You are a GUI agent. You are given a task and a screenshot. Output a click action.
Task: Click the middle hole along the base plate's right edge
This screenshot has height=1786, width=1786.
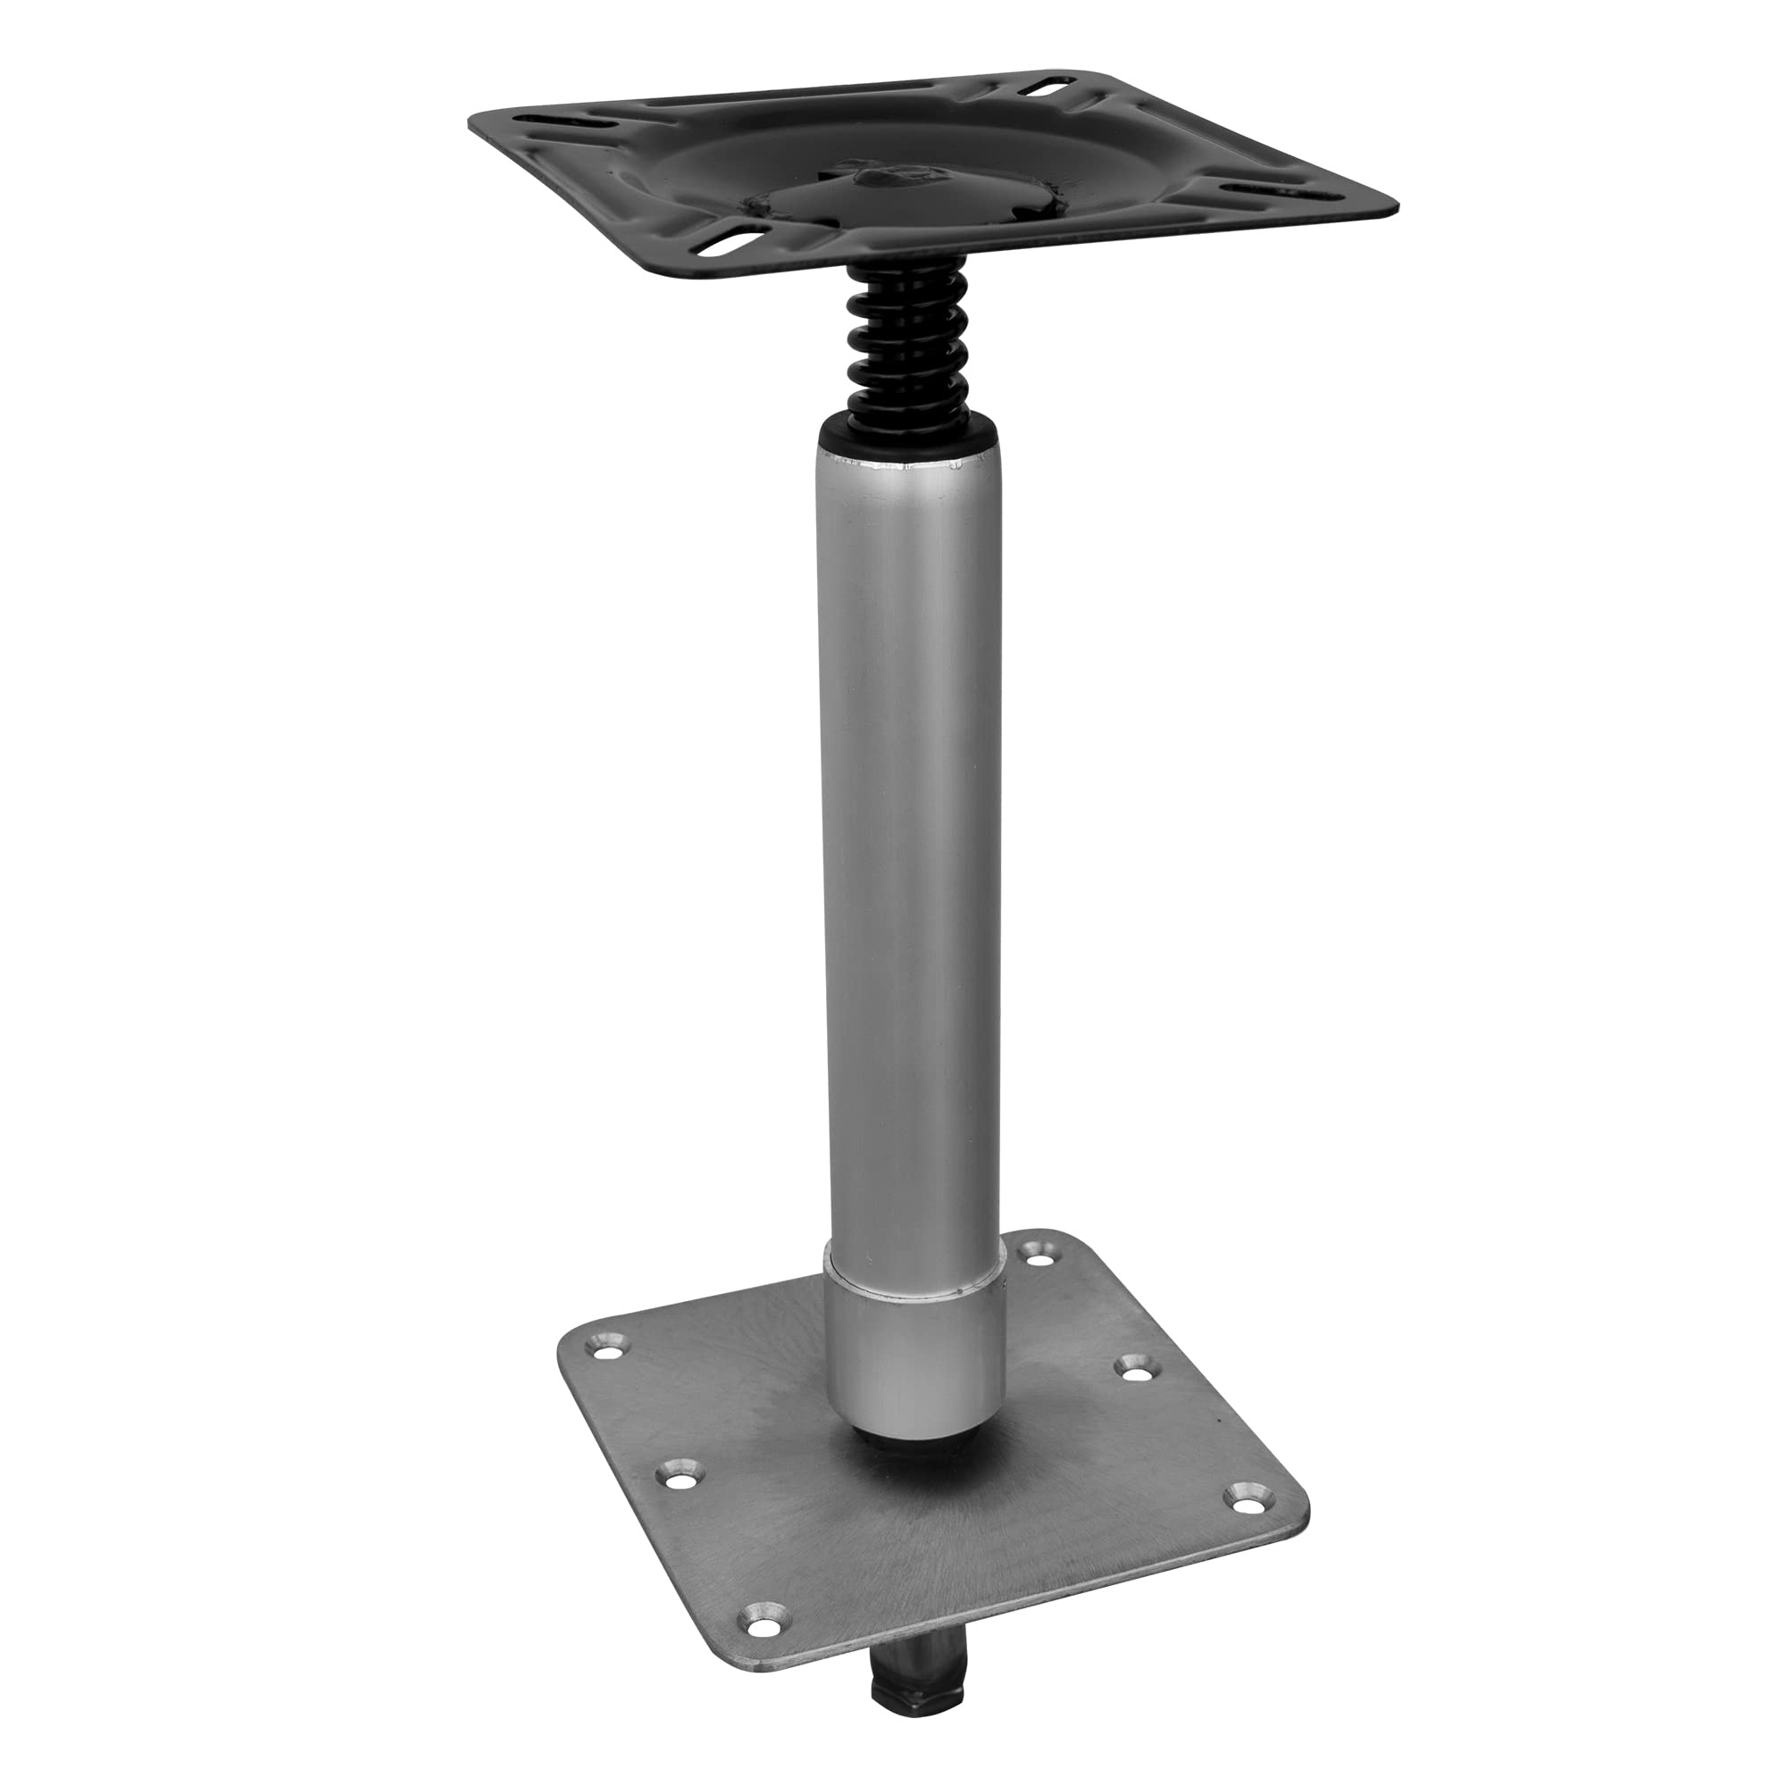pos(1131,1368)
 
